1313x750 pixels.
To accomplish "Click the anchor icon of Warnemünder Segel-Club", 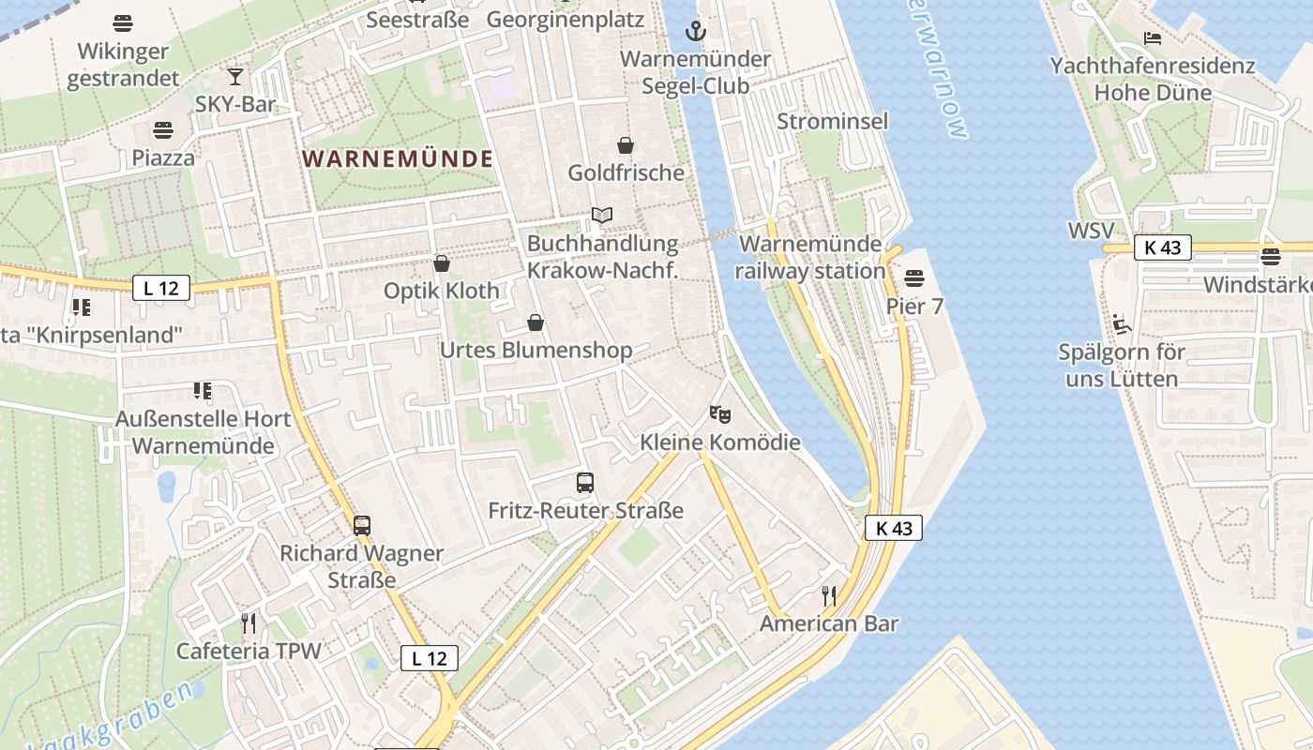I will pyautogui.click(x=695, y=31).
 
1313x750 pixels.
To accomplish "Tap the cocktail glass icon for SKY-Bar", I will pyautogui.click(x=235, y=76).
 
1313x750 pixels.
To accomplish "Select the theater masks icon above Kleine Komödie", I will pyautogui.click(x=719, y=413).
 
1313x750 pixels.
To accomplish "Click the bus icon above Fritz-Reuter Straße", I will pyautogui.click(x=585, y=483).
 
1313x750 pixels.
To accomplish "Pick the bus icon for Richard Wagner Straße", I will pyautogui.click(x=362, y=525).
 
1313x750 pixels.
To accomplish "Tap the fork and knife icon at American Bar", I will pyautogui.click(x=829, y=595).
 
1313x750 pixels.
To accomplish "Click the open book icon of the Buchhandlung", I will pyautogui.click(x=602, y=216).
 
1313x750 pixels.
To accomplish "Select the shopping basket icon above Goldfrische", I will pyautogui.click(x=626, y=145).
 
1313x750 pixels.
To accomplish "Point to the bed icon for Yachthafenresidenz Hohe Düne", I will pyautogui.click(x=1153, y=38).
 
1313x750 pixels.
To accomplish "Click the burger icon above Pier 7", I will pyautogui.click(x=914, y=278).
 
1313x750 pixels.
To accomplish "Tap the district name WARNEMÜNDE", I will pyautogui.click(x=399, y=158).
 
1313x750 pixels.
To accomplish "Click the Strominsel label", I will pyautogui.click(x=832, y=121).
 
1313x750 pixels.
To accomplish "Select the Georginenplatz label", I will pyautogui.click(x=566, y=19).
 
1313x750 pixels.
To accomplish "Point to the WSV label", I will pyautogui.click(x=1091, y=231).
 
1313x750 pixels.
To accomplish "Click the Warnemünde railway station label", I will pyautogui.click(x=810, y=258).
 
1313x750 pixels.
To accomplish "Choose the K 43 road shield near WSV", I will pyautogui.click(x=1162, y=247).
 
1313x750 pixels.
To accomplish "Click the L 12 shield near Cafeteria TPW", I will pyautogui.click(x=430, y=658).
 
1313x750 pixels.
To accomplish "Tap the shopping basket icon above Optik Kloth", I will pyautogui.click(x=442, y=263).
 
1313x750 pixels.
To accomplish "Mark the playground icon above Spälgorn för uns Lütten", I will pyautogui.click(x=1121, y=324).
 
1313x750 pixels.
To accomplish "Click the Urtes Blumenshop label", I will pyautogui.click(x=536, y=350).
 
